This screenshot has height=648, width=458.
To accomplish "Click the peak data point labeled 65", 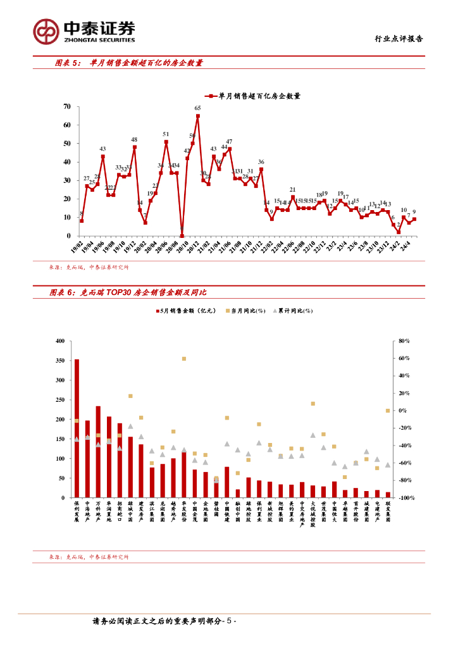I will pyautogui.click(x=198, y=116).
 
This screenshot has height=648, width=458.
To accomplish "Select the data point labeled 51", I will pyautogui.click(x=166, y=142).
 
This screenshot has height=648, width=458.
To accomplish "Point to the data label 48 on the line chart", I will pyautogui.click(x=134, y=139).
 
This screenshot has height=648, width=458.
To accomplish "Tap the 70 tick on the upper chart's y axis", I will pyautogui.click(x=66, y=107).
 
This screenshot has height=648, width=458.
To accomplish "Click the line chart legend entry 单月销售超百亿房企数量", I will pyautogui.click(x=253, y=96).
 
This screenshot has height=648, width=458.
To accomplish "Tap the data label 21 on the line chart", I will pyautogui.click(x=292, y=189).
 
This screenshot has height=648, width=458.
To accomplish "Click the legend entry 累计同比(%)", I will pyautogui.click(x=294, y=311).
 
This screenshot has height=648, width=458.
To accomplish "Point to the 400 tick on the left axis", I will pyautogui.click(x=60, y=341).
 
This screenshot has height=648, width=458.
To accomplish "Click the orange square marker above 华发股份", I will pyautogui.click(x=184, y=359).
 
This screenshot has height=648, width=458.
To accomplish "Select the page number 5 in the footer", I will pyautogui.click(x=231, y=622).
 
